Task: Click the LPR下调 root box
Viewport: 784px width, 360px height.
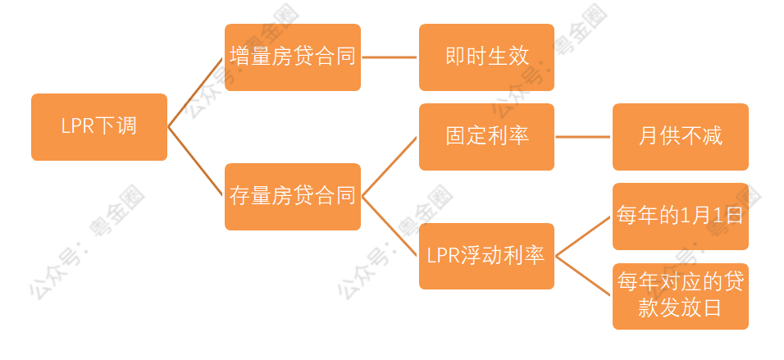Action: point(99,127)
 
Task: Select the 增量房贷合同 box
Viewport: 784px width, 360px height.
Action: point(293,57)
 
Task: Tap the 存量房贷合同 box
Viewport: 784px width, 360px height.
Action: point(293,197)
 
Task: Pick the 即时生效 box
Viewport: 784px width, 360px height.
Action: point(486,57)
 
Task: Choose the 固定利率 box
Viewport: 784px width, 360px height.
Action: point(486,137)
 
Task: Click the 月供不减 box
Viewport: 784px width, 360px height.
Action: point(681,137)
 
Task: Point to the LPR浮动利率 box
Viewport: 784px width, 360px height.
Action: point(486,256)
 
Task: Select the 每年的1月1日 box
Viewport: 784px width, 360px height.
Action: point(681,216)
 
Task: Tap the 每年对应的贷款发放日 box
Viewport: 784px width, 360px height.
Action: point(681,296)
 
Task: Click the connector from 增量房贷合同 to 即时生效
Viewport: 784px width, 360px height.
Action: point(390,57)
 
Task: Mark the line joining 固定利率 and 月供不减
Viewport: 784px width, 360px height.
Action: point(583,137)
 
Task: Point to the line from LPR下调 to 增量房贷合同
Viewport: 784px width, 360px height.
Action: point(195,93)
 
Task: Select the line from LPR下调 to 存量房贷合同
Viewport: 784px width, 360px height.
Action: point(195,162)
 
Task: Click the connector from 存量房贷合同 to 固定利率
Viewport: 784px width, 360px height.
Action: point(390,166)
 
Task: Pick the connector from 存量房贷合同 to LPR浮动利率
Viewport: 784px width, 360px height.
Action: point(390,226)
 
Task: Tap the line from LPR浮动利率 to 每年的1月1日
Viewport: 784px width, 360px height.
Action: point(583,236)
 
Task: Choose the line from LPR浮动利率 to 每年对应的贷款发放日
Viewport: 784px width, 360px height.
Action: point(583,276)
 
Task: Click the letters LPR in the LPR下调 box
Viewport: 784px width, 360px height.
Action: point(78,127)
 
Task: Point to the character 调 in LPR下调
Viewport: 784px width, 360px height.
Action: point(126,126)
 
